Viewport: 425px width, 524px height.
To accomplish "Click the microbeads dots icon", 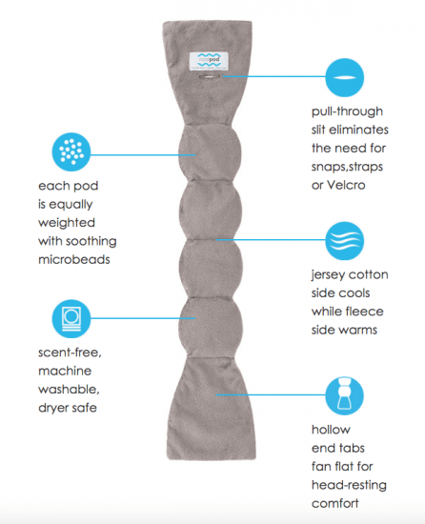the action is [71, 152].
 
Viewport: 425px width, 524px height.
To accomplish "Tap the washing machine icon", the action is [71, 318].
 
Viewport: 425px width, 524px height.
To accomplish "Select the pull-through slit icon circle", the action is [344, 77].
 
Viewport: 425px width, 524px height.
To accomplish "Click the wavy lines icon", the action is [344, 241].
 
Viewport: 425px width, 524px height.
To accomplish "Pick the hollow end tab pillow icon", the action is [344, 395].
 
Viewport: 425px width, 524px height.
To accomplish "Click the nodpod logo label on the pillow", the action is [209, 61].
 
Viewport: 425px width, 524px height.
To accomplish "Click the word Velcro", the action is [346, 185].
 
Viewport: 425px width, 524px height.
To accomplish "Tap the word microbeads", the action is [74, 259].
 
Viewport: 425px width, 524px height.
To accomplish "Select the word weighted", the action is [67, 223].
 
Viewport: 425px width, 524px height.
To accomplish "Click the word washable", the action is [69, 390].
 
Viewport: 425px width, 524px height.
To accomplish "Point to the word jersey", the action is [328, 275].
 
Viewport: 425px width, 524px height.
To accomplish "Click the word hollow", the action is [331, 430].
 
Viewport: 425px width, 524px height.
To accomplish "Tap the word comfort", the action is [335, 503].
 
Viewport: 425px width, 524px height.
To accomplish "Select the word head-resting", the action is [349, 485].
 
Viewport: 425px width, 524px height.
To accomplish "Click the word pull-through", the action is [347, 111].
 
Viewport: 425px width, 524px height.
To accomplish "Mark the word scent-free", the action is [70, 353].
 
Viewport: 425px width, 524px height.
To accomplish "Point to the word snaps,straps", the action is [347, 167].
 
